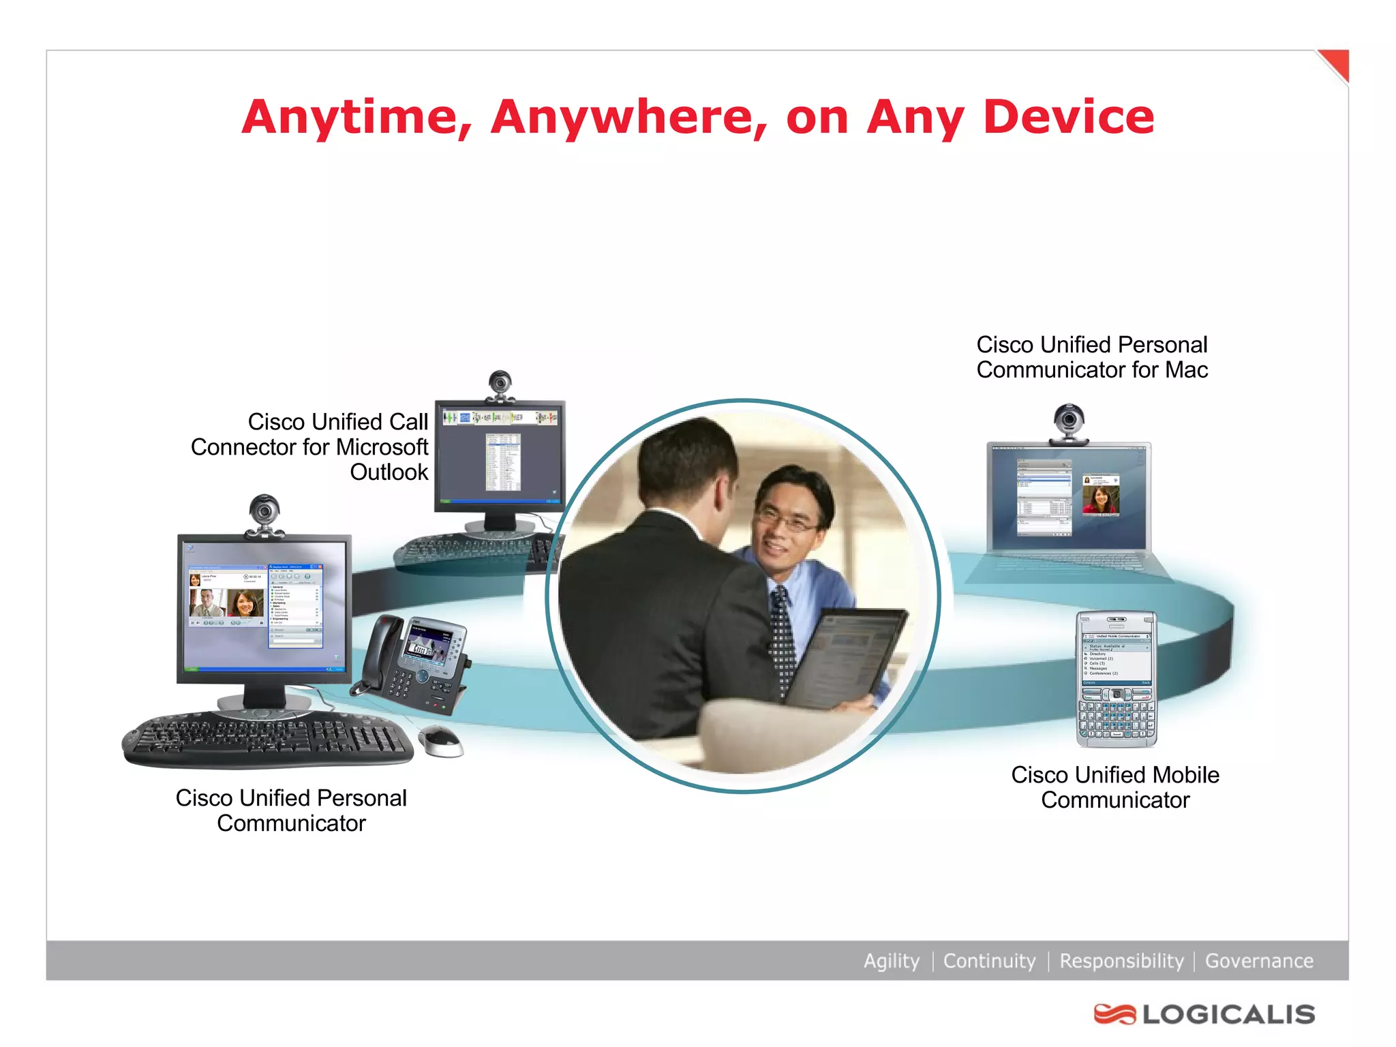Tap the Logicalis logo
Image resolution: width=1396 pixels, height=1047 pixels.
(x=1204, y=1014)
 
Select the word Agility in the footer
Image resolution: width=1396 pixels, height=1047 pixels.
(x=891, y=960)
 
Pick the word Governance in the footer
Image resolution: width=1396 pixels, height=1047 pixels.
(x=1259, y=960)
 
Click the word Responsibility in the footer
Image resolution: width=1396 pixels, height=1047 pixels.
(x=1121, y=960)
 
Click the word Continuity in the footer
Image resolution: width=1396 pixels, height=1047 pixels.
(x=989, y=960)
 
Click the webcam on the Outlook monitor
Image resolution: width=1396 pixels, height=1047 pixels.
(x=500, y=385)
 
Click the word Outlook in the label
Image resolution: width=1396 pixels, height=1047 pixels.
(x=389, y=472)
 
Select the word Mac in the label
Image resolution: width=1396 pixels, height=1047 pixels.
(x=1186, y=369)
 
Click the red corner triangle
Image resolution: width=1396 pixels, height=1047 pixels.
(x=1337, y=63)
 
